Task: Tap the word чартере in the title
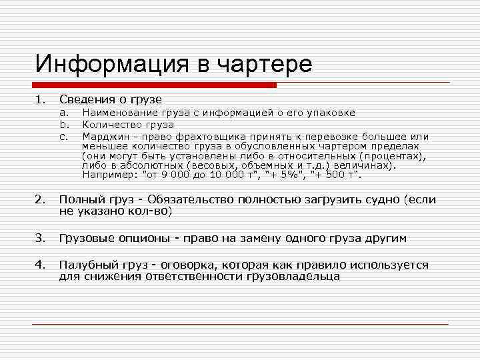[266, 65]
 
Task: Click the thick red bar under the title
[154, 85]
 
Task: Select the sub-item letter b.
[65, 124]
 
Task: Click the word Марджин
[103, 135]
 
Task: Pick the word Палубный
[84, 265]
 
